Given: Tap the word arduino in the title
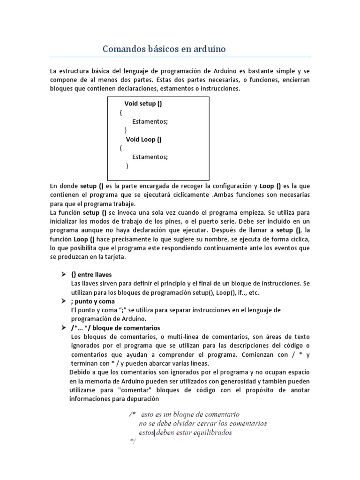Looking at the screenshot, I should point(209,49).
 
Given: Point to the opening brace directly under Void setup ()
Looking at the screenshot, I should point(121,112).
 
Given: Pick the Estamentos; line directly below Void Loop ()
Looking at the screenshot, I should point(150,157).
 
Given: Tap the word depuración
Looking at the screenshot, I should point(143,399).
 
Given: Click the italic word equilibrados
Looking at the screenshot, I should point(210,433).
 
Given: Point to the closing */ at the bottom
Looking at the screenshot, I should point(132,442).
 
